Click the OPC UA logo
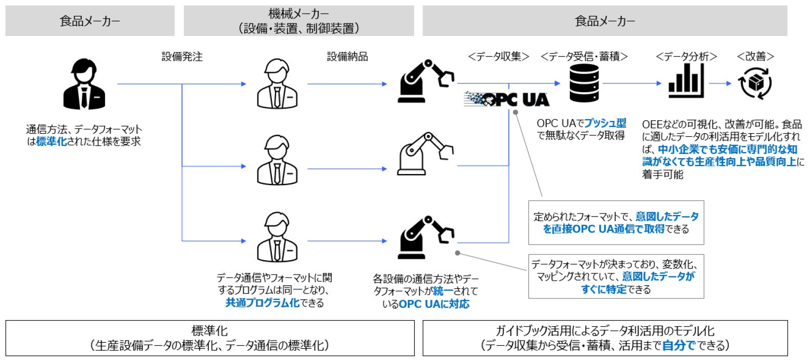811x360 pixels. coord(506,99)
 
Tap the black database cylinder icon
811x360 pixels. coord(584,83)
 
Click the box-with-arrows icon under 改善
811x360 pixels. coord(755,83)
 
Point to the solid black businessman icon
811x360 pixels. coord(84,84)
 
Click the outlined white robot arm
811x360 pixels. coord(425,153)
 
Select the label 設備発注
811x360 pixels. coord(182,56)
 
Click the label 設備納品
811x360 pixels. coord(347,56)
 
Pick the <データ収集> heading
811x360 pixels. coord(498,56)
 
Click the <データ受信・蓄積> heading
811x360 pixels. coord(584,56)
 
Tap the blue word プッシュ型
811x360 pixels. coord(605,123)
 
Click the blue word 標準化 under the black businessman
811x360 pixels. coord(51,142)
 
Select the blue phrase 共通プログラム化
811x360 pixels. coord(262,303)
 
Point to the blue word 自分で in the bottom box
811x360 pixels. coord(678,346)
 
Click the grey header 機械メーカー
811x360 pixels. coord(298,21)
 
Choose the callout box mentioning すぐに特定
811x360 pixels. coord(616,277)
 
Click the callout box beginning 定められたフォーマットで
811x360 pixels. coord(616,223)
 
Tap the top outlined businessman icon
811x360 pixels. coord(276,84)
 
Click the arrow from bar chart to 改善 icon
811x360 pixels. coord(720,83)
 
